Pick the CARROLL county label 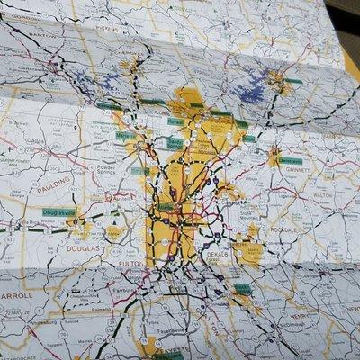click(16, 294)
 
